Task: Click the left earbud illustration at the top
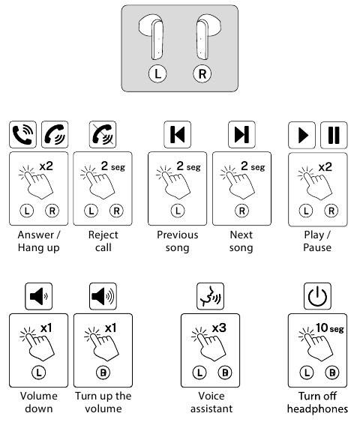152,37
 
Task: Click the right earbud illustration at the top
208,37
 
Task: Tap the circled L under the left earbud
157,73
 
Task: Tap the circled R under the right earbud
202,73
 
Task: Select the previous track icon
178,134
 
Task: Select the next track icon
241,134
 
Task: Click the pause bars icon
334,135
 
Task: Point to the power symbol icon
317,296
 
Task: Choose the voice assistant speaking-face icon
210,296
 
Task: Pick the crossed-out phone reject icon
103,134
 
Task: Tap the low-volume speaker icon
39,296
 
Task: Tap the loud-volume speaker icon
103,296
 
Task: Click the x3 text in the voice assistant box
219,328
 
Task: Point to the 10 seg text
330,328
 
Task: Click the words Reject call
103,241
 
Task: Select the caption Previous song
178,241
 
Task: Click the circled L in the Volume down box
39,373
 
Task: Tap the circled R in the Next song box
241,211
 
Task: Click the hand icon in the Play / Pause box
315,183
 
